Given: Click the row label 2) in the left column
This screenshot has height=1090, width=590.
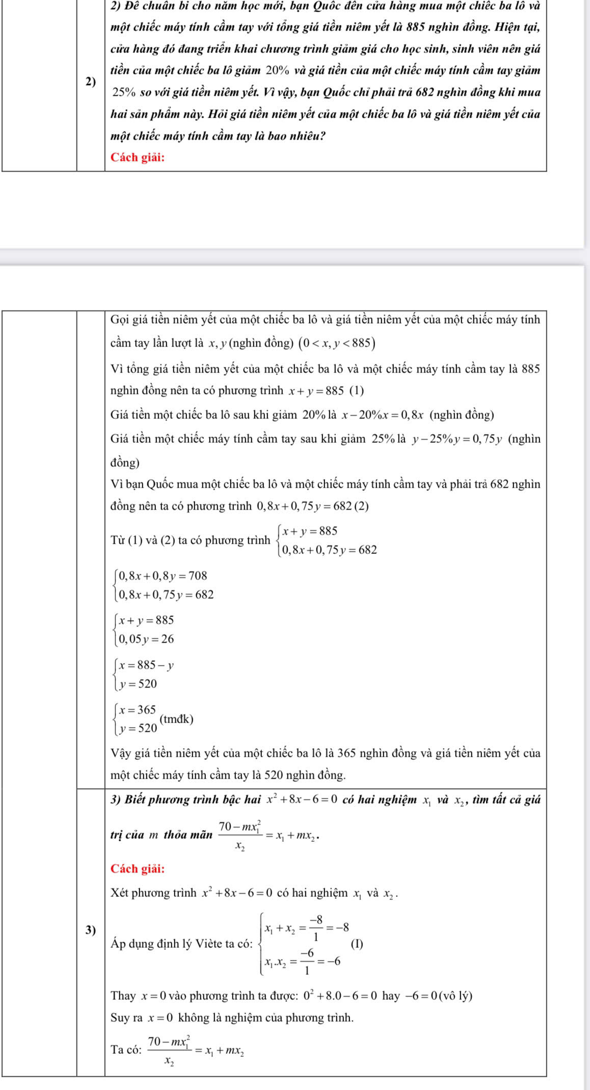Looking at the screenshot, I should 91,82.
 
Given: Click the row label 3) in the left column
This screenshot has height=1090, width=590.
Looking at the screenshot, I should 91,929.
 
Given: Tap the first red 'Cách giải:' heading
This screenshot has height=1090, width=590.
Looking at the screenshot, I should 138,157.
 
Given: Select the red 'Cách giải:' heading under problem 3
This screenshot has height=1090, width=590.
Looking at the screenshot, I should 138,869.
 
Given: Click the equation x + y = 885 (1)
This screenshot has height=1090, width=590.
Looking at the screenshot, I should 327,391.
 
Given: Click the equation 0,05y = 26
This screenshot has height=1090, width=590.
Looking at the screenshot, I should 147,639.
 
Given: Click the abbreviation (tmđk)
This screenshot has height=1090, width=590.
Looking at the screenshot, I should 176,719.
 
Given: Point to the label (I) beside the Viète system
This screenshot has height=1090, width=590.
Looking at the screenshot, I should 357,943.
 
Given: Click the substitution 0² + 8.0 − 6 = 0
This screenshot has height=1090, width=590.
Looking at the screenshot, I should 340,996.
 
